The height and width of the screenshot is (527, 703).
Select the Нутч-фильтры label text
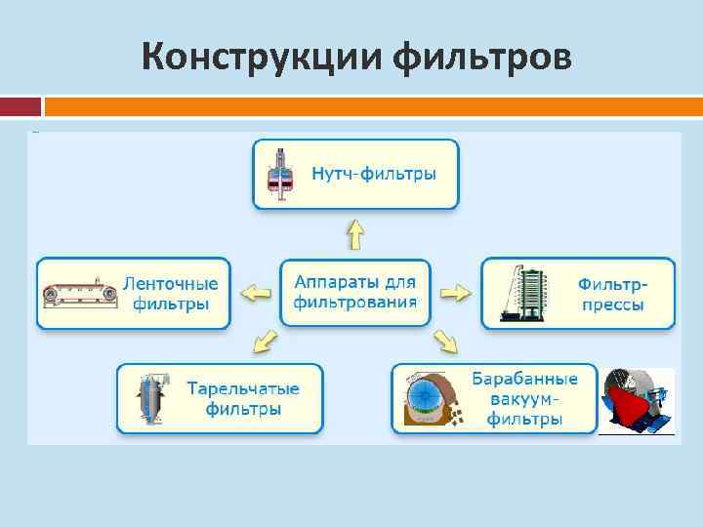tap(374, 174)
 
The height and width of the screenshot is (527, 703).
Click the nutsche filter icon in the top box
tap(282, 175)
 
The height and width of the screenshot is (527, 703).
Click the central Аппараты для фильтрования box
tap(355, 292)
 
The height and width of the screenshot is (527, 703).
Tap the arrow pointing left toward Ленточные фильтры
tap(256, 292)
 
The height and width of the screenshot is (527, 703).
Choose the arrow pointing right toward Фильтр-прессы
tap(455, 292)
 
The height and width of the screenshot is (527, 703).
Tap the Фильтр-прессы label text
tap(612, 293)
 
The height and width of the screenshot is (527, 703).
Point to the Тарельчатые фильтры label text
tap(243, 398)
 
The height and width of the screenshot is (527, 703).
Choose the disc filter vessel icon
tap(153, 398)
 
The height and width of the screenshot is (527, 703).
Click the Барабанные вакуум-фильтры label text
tap(524, 398)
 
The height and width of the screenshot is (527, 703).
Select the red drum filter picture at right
tap(636, 400)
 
